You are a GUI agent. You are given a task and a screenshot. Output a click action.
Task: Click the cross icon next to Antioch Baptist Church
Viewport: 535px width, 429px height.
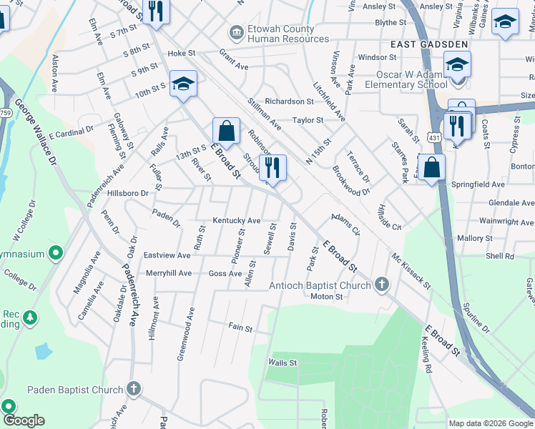pyautogui.click(x=382, y=285)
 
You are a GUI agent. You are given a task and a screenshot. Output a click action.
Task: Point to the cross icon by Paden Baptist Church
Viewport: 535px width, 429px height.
pyautogui.click(x=133, y=389)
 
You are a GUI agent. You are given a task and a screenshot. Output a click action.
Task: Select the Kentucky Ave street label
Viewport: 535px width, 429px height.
pyautogui.click(x=236, y=221)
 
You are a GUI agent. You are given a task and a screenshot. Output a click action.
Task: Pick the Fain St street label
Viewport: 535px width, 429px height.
pyautogui.click(x=240, y=328)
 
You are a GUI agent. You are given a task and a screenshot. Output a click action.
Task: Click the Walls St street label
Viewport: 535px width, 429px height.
pyautogui.click(x=282, y=363)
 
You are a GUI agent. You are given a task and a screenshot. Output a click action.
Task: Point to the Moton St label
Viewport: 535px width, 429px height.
pyautogui.click(x=327, y=297)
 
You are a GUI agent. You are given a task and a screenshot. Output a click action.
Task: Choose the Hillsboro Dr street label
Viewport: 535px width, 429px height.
pyautogui.click(x=127, y=193)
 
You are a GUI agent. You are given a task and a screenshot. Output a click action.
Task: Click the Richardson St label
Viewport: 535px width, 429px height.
pyautogui.click(x=289, y=102)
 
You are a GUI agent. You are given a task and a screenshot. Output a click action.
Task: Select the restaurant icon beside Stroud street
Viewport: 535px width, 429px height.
pyautogui.click(x=272, y=168)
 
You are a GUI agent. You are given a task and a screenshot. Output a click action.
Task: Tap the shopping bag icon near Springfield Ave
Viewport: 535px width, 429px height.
pyautogui.click(x=432, y=168)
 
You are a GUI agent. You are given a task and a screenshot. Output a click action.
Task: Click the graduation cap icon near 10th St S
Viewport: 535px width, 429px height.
pyautogui.click(x=183, y=84)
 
